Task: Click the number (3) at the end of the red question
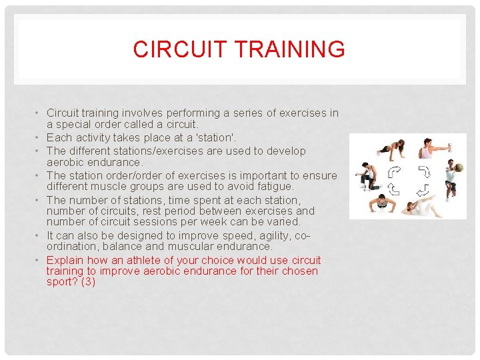tap(88, 282)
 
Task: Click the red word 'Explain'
tap(65, 260)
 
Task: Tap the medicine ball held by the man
tap(458, 167)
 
